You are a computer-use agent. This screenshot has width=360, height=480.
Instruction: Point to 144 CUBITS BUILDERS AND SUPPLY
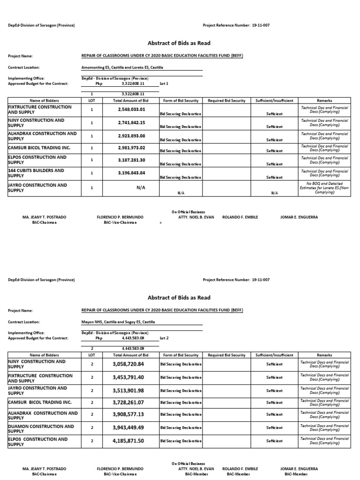[36, 173]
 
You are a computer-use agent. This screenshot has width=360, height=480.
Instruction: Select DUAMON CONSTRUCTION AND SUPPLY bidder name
[41, 428]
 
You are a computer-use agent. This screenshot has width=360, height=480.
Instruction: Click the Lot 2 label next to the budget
[164, 338]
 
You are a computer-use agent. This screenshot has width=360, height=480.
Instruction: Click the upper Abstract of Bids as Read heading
[179, 43]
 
